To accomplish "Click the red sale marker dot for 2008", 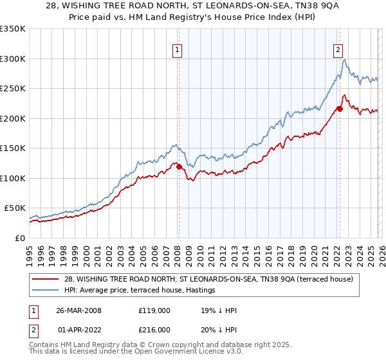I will point(179,166).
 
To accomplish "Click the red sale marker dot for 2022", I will point(339,109).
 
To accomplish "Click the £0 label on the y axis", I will point(19,238).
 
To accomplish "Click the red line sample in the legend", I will point(46,280).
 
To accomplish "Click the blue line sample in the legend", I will point(46,291).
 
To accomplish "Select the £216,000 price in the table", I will point(154,329).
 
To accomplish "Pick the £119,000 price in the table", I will point(154,310).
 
